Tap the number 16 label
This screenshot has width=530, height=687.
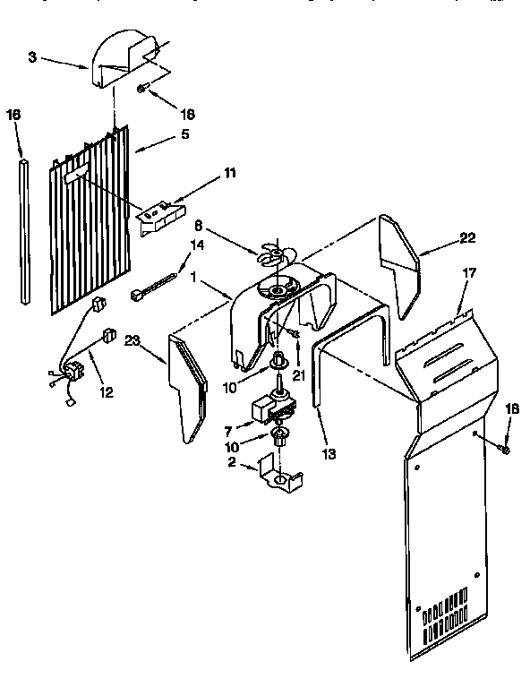point(13,115)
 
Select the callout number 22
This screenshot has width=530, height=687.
point(467,237)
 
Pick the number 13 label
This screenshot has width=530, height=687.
point(329,454)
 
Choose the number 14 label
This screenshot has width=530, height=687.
point(198,244)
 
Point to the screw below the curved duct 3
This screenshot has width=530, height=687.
point(143,88)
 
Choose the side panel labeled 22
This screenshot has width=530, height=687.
point(397,264)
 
